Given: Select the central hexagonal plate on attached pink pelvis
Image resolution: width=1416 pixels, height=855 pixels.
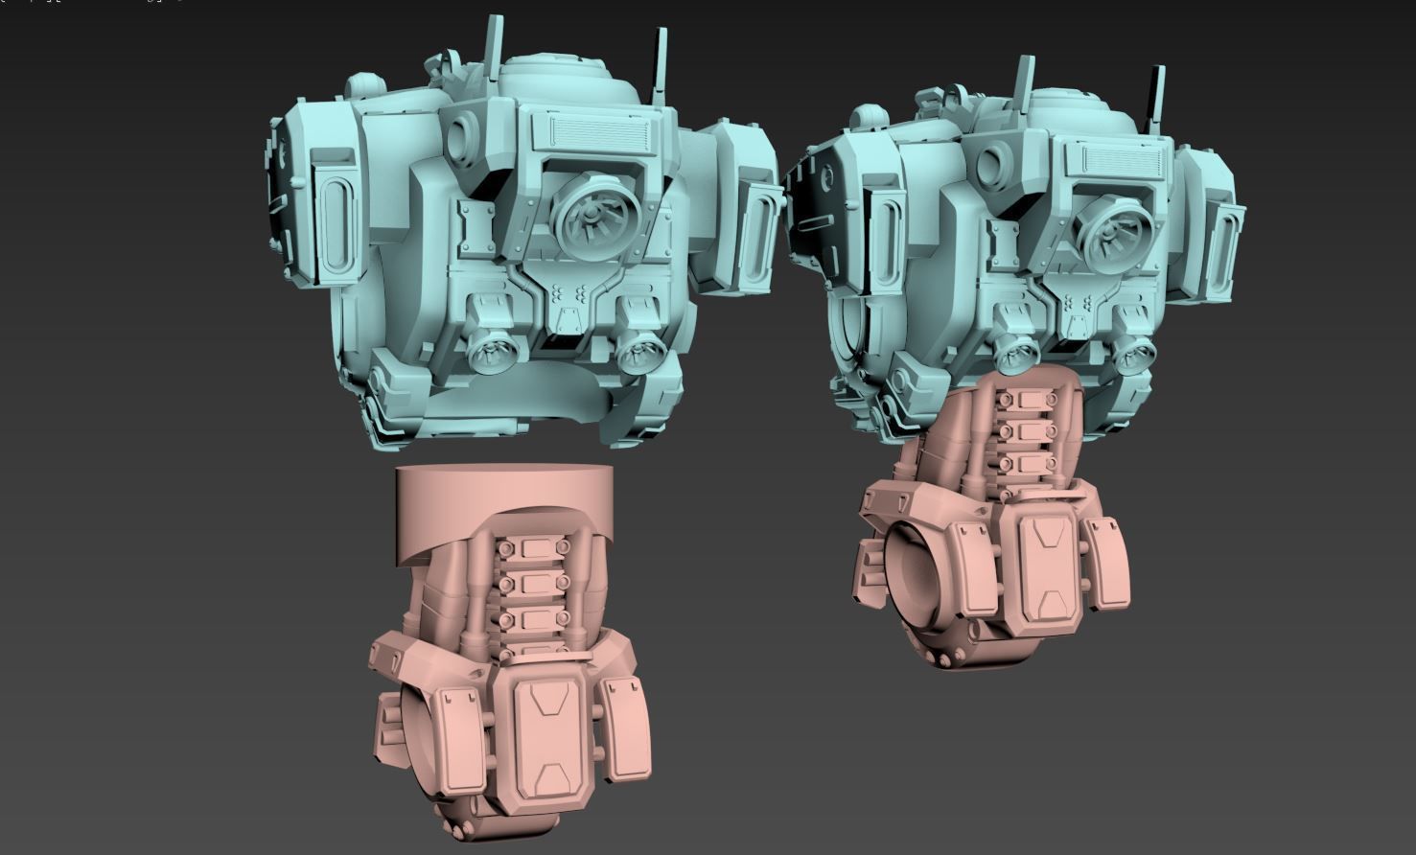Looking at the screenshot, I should pos(1045,566).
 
